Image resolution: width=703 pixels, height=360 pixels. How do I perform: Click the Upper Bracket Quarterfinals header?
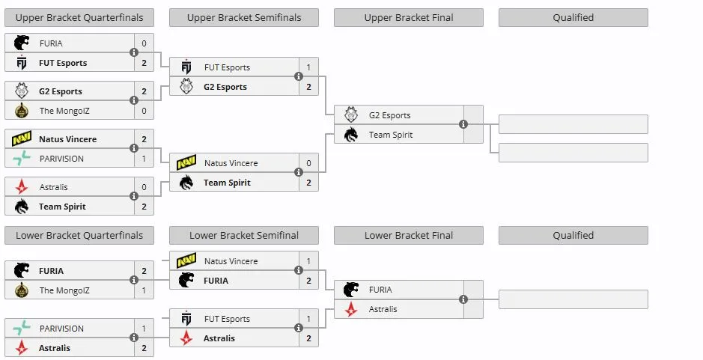tap(79, 17)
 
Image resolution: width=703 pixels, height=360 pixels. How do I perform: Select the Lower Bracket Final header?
tap(409, 235)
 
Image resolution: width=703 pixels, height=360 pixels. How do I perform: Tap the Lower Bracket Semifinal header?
tap(244, 235)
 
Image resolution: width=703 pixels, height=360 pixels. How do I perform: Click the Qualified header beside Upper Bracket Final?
tap(573, 17)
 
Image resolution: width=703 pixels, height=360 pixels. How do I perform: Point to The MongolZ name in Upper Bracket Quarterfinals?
tap(64, 111)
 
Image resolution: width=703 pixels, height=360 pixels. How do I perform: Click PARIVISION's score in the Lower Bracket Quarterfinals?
tap(144, 328)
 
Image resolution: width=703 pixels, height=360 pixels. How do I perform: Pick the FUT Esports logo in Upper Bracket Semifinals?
tap(186, 67)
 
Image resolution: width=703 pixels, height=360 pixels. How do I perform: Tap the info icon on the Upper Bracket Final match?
tap(463, 124)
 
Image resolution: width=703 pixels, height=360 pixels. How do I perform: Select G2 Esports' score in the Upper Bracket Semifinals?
tap(308, 87)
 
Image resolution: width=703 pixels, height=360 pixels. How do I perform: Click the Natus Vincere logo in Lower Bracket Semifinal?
tap(186, 260)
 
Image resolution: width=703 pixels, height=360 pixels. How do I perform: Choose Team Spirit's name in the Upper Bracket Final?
tap(391, 135)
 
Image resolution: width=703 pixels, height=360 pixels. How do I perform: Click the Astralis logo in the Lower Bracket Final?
tap(351, 309)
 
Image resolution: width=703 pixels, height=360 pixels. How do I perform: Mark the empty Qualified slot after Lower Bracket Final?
tap(573, 299)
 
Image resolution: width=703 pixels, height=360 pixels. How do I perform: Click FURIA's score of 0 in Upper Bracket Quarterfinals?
tap(144, 43)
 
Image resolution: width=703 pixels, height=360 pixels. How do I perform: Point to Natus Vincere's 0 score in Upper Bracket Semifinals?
tap(308, 163)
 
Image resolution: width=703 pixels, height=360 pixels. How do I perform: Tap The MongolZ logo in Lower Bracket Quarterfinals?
tap(21, 290)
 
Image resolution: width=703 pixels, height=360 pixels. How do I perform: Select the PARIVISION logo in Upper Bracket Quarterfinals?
tap(21, 158)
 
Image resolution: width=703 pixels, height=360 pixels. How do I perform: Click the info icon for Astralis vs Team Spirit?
tap(133, 196)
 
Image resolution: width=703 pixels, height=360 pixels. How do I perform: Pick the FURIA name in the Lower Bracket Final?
tap(380, 290)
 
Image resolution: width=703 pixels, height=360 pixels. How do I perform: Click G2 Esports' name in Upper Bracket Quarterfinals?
tap(61, 91)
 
